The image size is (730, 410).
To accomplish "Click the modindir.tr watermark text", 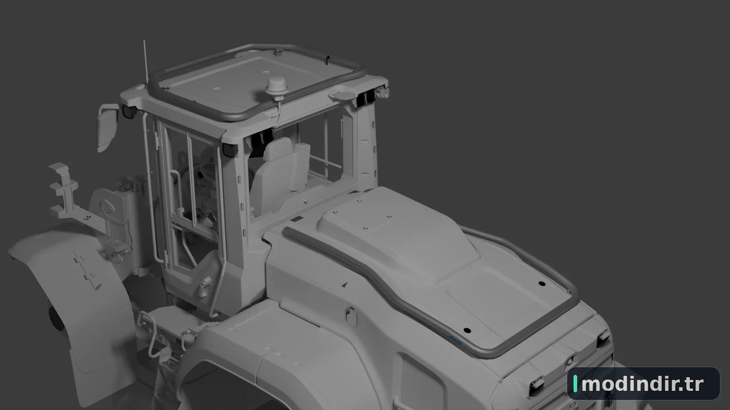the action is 642,384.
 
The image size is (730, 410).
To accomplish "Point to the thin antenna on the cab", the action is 146,62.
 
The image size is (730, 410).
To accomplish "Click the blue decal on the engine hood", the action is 456,340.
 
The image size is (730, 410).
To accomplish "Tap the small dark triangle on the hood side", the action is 345,284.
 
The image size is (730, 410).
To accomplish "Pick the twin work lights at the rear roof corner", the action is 366,97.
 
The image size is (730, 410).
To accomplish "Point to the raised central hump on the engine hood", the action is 397,234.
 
